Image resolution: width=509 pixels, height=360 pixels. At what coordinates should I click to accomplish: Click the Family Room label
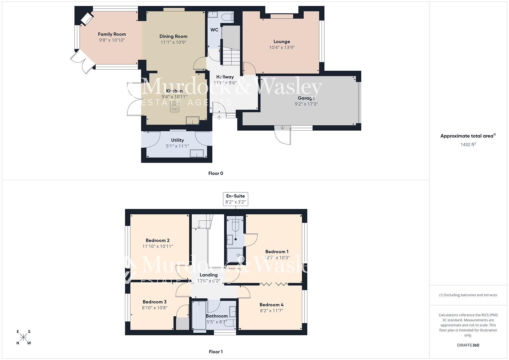coord(112,34)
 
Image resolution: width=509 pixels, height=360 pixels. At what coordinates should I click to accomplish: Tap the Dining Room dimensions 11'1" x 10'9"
coord(173,42)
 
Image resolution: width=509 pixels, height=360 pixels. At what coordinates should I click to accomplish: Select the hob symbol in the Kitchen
coord(174,107)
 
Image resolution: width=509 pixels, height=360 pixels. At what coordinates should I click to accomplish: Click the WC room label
coord(214,30)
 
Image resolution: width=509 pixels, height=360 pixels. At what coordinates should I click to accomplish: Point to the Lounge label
coord(282,41)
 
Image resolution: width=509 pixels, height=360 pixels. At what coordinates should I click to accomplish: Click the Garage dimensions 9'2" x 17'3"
coord(306,104)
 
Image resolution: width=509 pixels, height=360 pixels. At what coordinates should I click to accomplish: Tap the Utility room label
coord(177,140)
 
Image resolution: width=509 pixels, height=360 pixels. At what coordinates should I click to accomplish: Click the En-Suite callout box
coord(235,199)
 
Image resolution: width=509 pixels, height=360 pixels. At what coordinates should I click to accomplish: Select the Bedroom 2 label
coord(157,240)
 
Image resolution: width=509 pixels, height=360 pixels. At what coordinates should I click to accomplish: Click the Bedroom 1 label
coord(277,252)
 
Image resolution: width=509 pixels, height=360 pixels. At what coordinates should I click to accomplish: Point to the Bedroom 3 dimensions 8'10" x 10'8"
coord(154,308)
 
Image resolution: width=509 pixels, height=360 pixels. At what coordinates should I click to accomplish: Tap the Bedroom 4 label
coord(271,305)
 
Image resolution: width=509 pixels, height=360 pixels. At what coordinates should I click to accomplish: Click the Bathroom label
coord(217,316)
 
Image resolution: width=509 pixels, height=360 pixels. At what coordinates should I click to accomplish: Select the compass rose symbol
coord(24,337)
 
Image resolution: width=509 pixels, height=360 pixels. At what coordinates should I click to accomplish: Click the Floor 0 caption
coord(216,173)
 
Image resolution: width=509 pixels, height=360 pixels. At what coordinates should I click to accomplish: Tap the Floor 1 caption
coord(216,352)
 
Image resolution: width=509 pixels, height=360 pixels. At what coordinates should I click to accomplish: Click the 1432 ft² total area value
coord(468,144)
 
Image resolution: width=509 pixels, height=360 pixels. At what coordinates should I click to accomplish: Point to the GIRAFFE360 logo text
coord(468,345)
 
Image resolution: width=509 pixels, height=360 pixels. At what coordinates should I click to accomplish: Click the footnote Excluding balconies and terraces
coord(468,295)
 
